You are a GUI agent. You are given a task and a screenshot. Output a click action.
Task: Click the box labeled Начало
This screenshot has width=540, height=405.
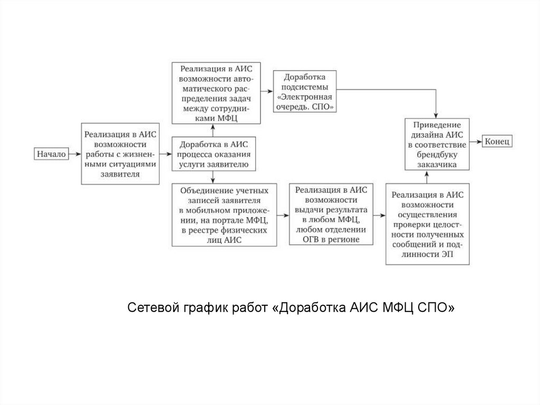tap(51, 154)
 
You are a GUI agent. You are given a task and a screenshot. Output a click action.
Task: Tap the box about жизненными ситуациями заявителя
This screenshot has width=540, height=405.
tap(120, 154)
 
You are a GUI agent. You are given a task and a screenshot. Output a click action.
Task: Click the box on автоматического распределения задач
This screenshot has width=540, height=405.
tap(216, 93)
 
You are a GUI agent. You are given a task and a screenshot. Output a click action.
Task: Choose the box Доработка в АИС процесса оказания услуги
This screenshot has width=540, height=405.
tap(211, 154)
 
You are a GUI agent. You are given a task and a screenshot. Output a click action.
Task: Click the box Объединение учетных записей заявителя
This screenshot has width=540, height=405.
tap(225, 214)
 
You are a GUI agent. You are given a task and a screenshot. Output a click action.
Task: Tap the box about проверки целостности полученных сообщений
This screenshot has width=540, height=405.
tap(428, 223)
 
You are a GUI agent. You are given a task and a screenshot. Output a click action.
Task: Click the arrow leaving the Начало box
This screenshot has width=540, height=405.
tap(74, 154)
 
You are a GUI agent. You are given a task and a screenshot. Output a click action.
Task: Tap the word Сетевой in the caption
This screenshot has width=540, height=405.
tap(149, 308)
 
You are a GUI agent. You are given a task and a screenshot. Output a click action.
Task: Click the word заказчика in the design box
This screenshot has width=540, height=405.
tap(438, 165)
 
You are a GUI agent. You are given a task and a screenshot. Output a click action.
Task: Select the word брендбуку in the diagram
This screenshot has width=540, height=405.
tap(438, 155)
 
